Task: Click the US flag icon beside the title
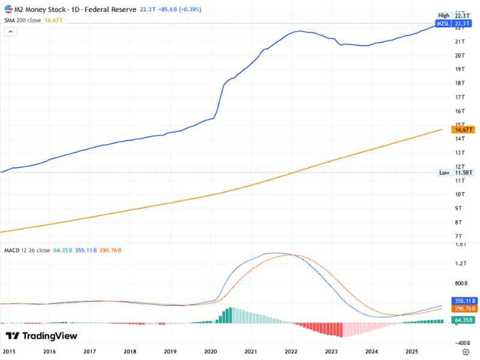coord(7,10)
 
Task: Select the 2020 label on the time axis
coord(211,352)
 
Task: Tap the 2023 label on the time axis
coord(331,352)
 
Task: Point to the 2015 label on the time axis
coord(9,352)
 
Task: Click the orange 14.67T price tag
coord(464,130)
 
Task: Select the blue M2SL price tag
coord(445,23)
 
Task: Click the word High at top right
coord(443,15)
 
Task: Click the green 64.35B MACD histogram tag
coord(464,321)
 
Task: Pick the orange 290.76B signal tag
coord(464,308)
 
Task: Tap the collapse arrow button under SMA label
coord(10,31)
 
